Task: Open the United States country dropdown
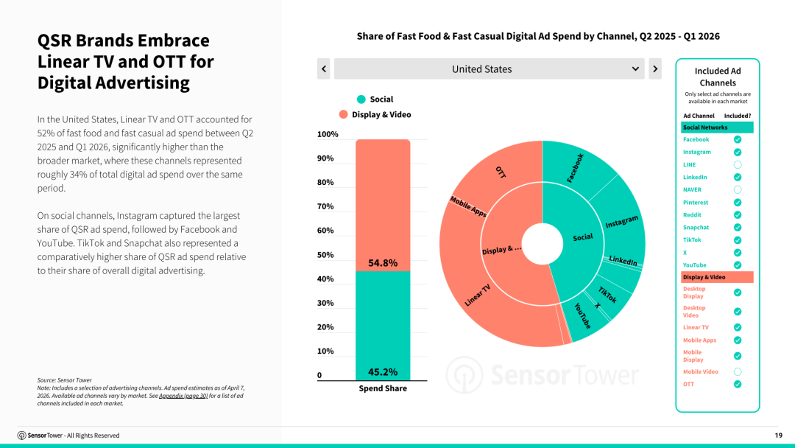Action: coord(489,69)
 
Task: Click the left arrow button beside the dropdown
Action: coord(323,69)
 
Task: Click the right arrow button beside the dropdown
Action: coord(655,69)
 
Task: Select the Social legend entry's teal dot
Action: coord(361,99)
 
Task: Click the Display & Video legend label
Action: coord(381,115)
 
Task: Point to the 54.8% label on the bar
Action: coord(383,263)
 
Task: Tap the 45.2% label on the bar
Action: coord(383,372)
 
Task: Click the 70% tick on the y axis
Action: coord(325,206)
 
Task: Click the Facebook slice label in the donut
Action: coord(575,168)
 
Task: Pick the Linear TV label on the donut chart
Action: coord(478,295)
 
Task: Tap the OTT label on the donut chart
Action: coord(501,172)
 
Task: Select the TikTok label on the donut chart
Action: coord(607,295)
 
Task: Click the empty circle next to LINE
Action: coord(738,165)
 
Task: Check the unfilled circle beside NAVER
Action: coord(738,190)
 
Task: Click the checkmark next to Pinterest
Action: coord(738,203)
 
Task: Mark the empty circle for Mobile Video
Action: coord(738,372)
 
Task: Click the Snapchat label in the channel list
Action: coord(696,228)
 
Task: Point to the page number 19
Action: coord(778,435)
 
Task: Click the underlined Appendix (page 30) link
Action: coord(183,396)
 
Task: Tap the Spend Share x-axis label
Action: coord(383,388)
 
